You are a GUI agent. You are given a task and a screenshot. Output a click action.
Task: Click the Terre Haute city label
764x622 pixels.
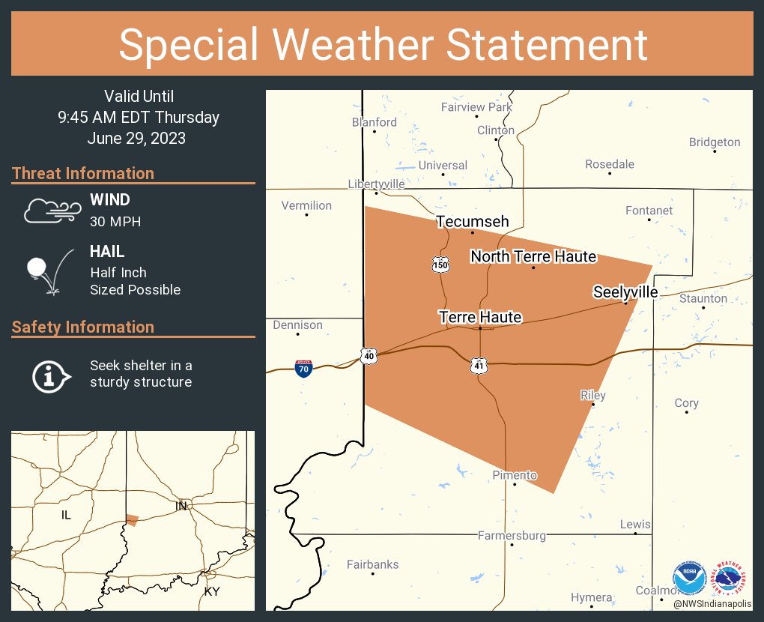coord(480,318)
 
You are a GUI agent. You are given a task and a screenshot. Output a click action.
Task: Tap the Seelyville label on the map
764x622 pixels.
coord(625,292)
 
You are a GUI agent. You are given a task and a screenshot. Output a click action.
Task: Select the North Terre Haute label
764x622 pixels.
coord(533,257)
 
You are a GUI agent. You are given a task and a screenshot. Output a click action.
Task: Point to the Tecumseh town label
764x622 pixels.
coord(473,222)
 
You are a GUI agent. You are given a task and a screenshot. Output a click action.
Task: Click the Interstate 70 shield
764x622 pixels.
coord(303,368)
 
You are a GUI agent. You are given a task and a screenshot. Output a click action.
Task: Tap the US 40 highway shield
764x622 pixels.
coord(368,355)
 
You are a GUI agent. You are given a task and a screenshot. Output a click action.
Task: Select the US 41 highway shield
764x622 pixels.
coord(479,365)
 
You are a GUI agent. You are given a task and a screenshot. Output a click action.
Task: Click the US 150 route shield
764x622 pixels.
coord(440,264)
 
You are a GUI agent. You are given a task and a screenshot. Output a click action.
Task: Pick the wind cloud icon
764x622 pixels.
coord(51,211)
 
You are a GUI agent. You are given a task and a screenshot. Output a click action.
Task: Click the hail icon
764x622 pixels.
coord(49,271)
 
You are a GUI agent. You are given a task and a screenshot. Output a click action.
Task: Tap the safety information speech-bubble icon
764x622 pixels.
coord(51,375)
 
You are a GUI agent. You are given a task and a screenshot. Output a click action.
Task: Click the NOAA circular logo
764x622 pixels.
coord(689,578)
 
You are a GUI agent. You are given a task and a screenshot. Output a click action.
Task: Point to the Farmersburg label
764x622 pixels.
coord(512,536)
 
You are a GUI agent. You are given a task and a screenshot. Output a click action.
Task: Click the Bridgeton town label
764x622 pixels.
coord(715,142)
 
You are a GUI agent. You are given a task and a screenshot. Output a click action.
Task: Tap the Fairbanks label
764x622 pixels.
coord(373,565)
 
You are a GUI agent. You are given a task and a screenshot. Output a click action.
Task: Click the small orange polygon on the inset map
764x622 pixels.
coord(132,520)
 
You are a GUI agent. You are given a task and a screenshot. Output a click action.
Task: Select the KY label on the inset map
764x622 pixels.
coord(212,591)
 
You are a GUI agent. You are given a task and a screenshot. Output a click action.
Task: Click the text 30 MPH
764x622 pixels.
coord(115,222)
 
